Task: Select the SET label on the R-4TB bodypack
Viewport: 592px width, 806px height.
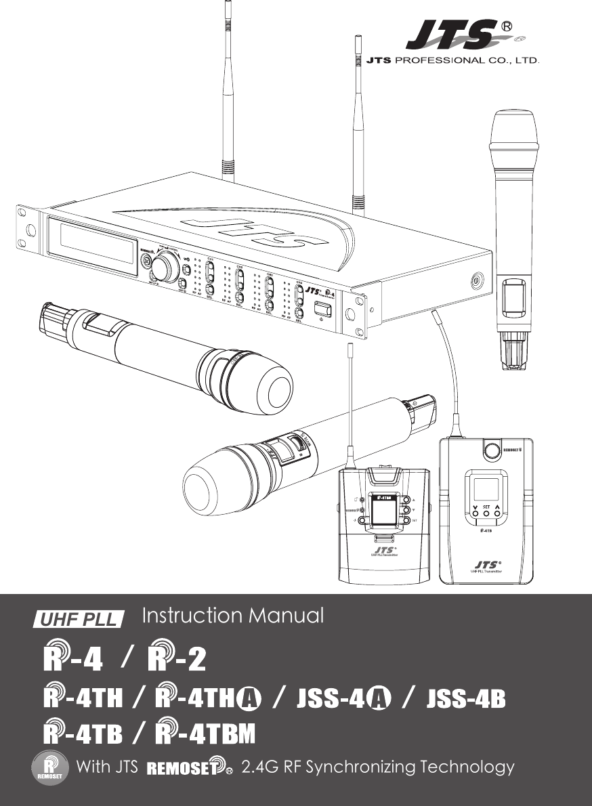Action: point(486,505)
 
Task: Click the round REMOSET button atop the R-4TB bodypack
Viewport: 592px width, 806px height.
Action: point(492,450)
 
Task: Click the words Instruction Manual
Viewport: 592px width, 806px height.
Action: point(233,616)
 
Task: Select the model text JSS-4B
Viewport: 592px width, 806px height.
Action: point(466,698)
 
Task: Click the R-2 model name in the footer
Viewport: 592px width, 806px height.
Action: point(176,659)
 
